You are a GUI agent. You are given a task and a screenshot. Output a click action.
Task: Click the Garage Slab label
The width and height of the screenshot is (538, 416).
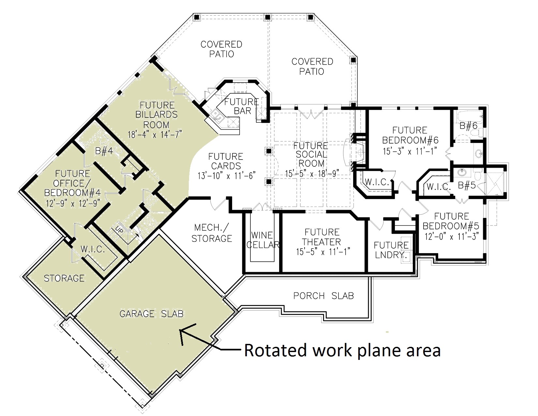pyautogui.click(x=151, y=314)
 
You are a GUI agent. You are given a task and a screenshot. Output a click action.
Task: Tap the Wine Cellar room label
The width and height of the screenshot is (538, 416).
pyautogui.click(x=263, y=240)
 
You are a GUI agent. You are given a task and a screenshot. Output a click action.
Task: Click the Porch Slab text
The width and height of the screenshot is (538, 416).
pyautogui.click(x=323, y=296)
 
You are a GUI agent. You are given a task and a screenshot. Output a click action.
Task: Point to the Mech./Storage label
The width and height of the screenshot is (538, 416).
pyautogui.click(x=212, y=233)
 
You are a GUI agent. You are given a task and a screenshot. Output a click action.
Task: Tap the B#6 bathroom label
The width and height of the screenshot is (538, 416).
pyautogui.click(x=468, y=125)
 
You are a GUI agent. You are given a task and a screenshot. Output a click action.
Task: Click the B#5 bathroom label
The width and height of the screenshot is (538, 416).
pyautogui.click(x=466, y=186)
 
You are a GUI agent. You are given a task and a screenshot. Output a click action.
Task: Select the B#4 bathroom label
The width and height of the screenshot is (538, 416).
pyautogui.click(x=104, y=151)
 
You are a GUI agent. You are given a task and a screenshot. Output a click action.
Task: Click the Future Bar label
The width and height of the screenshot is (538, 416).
pyautogui.click(x=242, y=106)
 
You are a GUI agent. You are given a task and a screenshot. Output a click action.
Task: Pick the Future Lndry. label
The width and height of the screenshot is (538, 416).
pyautogui.click(x=391, y=250)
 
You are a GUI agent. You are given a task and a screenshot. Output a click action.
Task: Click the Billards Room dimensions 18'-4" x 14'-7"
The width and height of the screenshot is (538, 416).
pyautogui.click(x=155, y=134)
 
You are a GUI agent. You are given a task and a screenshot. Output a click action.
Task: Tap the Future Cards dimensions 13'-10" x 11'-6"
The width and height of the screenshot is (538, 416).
pyautogui.click(x=226, y=176)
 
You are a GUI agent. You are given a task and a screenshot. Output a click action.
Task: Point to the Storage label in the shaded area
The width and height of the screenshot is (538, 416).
pyautogui.click(x=64, y=278)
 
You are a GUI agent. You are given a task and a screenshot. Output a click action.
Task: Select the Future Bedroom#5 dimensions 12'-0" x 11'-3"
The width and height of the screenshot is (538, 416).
pyautogui.click(x=452, y=236)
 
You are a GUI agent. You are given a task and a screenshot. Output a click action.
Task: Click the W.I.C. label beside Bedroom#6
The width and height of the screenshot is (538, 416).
pyautogui.click(x=377, y=182)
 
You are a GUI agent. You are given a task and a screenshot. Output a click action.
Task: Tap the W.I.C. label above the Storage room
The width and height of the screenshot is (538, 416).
pyautogui.click(x=92, y=250)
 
